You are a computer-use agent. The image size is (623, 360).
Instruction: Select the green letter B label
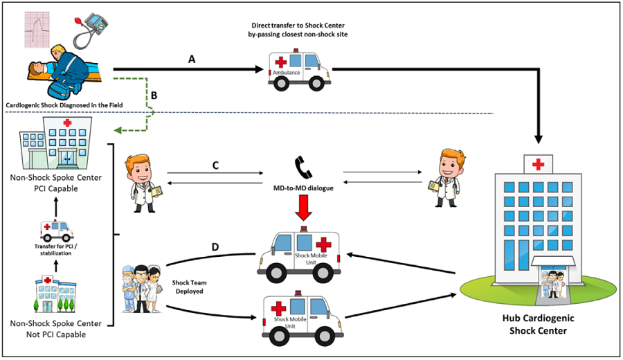pyautogui.click(x=155, y=96)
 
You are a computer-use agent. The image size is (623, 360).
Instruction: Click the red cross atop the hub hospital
pyautogui.click(x=538, y=166)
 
